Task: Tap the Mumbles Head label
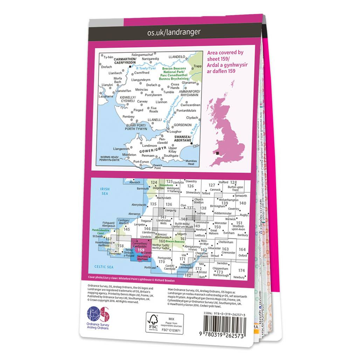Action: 192,162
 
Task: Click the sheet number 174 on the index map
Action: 241,270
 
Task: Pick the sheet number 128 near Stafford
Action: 234,182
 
